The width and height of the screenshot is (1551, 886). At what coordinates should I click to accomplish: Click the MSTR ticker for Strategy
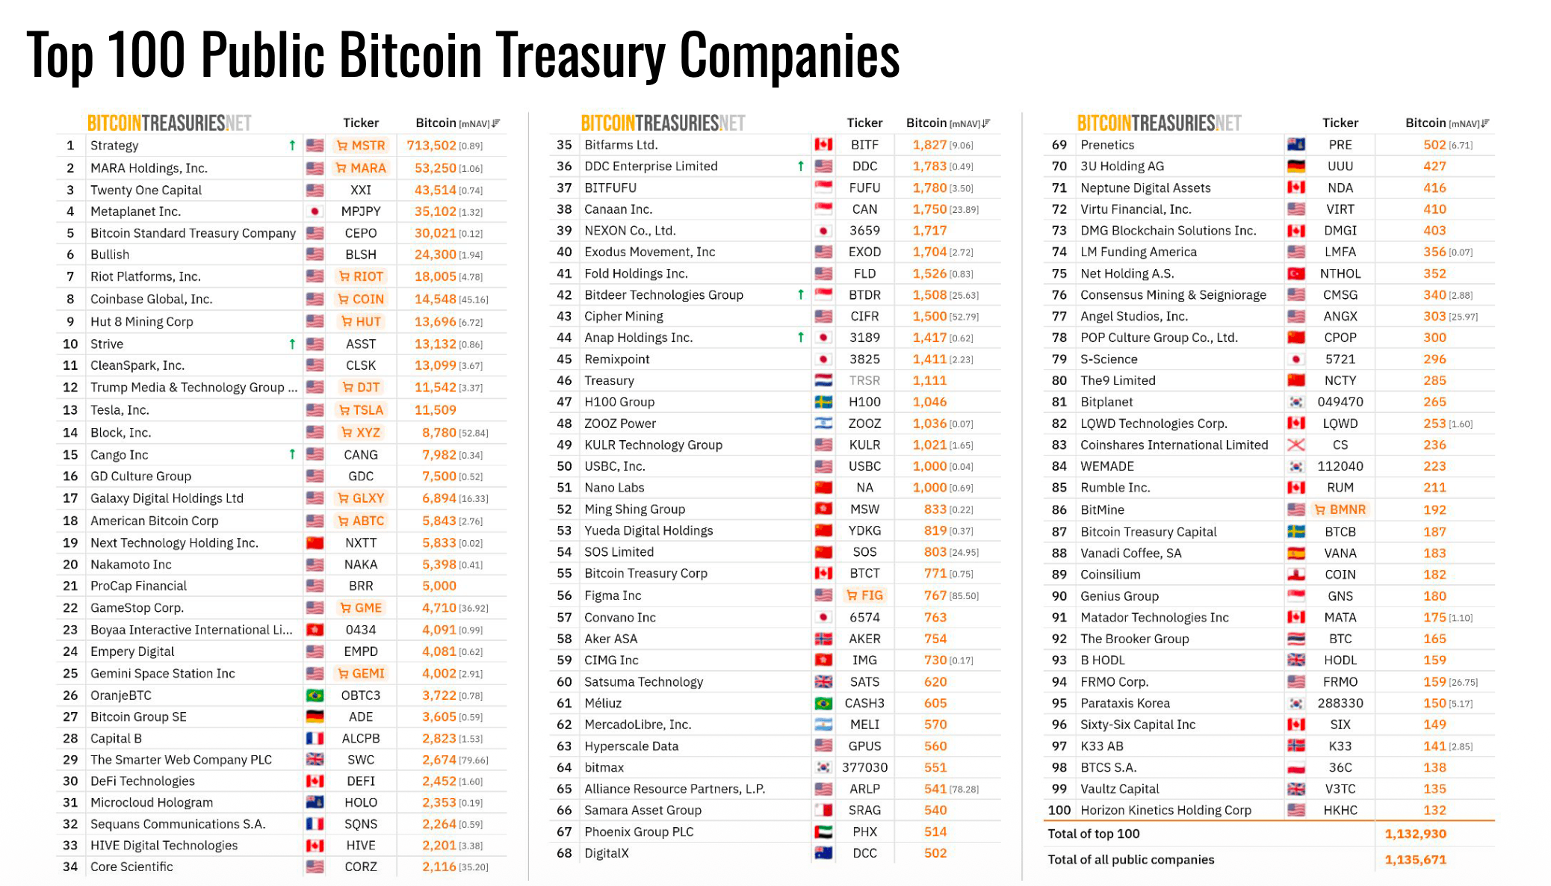pyautogui.click(x=362, y=146)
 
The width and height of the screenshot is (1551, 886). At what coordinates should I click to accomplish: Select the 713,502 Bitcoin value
pyautogui.click(x=431, y=146)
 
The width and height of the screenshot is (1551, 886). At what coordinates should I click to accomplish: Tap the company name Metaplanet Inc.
pyautogui.click(x=135, y=211)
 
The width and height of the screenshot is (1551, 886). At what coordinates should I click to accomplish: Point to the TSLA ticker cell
pyautogui.click(x=362, y=410)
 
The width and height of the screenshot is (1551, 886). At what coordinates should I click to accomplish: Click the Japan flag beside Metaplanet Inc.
pyautogui.click(x=315, y=211)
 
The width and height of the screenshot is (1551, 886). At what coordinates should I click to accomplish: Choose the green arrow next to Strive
pyautogui.click(x=292, y=344)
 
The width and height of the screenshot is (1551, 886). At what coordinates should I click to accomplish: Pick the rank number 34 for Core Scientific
pyautogui.click(x=70, y=867)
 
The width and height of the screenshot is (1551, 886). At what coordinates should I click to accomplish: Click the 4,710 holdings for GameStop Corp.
pyautogui.click(x=439, y=608)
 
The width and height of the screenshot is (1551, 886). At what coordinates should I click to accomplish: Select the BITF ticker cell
pyautogui.click(x=864, y=145)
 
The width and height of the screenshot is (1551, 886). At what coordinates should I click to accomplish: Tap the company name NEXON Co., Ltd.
pyautogui.click(x=629, y=231)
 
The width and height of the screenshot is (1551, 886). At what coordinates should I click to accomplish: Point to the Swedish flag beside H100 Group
pyautogui.click(x=823, y=402)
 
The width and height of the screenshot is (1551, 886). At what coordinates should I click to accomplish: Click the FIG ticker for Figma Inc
pyautogui.click(x=864, y=595)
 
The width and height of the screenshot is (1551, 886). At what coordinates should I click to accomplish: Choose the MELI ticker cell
pyautogui.click(x=864, y=725)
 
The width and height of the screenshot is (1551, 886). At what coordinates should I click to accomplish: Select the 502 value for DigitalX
pyautogui.click(x=935, y=853)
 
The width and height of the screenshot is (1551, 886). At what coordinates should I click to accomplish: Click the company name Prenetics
pyautogui.click(x=1106, y=145)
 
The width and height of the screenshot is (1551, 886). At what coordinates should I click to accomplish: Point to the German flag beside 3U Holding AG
pyautogui.click(x=1296, y=167)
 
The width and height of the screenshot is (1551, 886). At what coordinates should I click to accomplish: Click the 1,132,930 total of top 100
pyautogui.click(x=1415, y=834)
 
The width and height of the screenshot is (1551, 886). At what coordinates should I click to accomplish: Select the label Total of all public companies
pyautogui.click(x=1130, y=860)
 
